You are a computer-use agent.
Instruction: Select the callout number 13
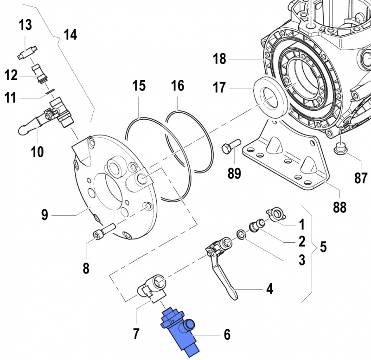(25, 25)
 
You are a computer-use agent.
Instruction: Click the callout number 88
(339, 207)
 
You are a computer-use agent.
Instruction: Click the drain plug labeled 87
(341, 148)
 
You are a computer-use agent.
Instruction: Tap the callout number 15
(139, 86)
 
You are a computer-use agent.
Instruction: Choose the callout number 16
(178, 86)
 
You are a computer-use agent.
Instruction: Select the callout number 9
(45, 215)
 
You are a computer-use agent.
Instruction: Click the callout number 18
(219, 59)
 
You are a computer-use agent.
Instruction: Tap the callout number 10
(38, 151)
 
